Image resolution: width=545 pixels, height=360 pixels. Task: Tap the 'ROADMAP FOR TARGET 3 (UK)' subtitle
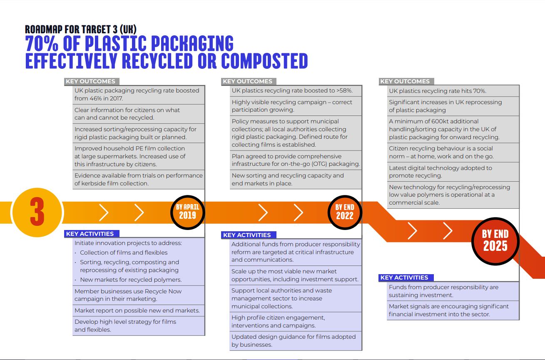[x=80, y=29]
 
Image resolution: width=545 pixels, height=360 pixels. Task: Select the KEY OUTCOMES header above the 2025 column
[x=405, y=81]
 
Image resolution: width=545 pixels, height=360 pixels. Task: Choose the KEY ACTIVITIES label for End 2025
[x=404, y=277]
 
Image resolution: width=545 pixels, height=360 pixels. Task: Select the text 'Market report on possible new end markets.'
[x=137, y=310]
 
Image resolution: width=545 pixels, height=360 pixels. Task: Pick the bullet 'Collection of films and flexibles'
[x=124, y=252]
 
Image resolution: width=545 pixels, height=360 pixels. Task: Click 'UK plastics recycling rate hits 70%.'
[x=438, y=91]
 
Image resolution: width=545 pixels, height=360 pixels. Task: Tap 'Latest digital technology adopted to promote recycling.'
[x=440, y=172]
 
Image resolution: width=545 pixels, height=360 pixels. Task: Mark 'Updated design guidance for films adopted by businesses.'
[x=293, y=340]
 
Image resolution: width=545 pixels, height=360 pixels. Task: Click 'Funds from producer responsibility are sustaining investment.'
[x=443, y=291]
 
